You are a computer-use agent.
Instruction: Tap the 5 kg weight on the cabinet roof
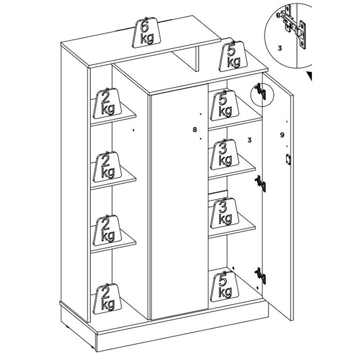pyautogui.click(x=234, y=56)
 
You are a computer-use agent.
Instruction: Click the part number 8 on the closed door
pyautogui.click(x=195, y=129)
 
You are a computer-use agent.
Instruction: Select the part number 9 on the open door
pyautogui.click(x=282, y=135)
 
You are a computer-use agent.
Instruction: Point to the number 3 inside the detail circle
pyautogui.click(x=280, y=47)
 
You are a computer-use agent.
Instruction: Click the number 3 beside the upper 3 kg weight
pyautogui.click(x=249, y=140)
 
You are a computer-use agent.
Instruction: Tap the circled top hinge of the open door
pyautogui.click(x=261, y=92)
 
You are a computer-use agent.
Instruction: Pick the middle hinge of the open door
pyautogui.click(x=261, y=184)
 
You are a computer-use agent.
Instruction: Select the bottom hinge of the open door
pyautogui.click(x=261, y=275)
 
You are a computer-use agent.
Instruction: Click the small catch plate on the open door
pyautogui.click(x=288, y=159)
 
